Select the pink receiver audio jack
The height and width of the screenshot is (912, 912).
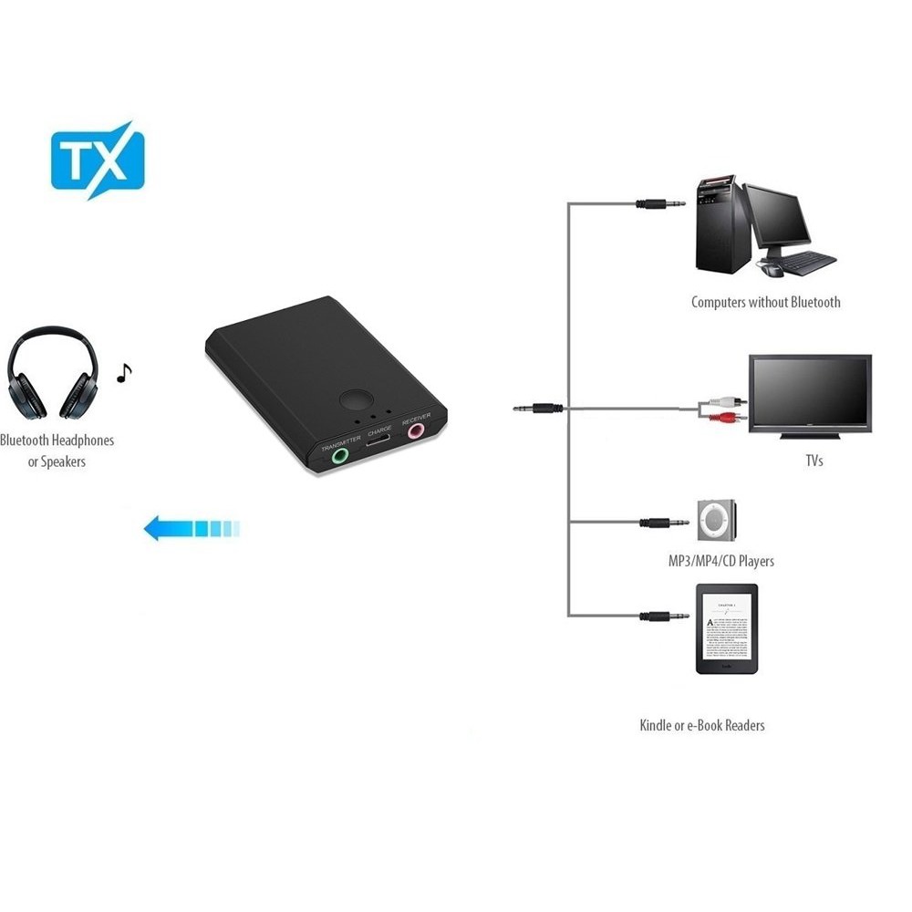(418, 429)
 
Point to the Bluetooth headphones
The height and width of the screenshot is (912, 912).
(53, 375)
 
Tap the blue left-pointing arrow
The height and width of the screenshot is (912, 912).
(192, 527)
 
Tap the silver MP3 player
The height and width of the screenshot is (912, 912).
(718, 520)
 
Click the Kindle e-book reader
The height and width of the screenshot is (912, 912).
(726, 629)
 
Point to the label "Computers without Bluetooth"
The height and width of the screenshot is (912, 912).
(765, 302)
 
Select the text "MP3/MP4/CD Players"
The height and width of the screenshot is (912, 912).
(720, 561)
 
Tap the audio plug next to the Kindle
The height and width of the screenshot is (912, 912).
(664, 617)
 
